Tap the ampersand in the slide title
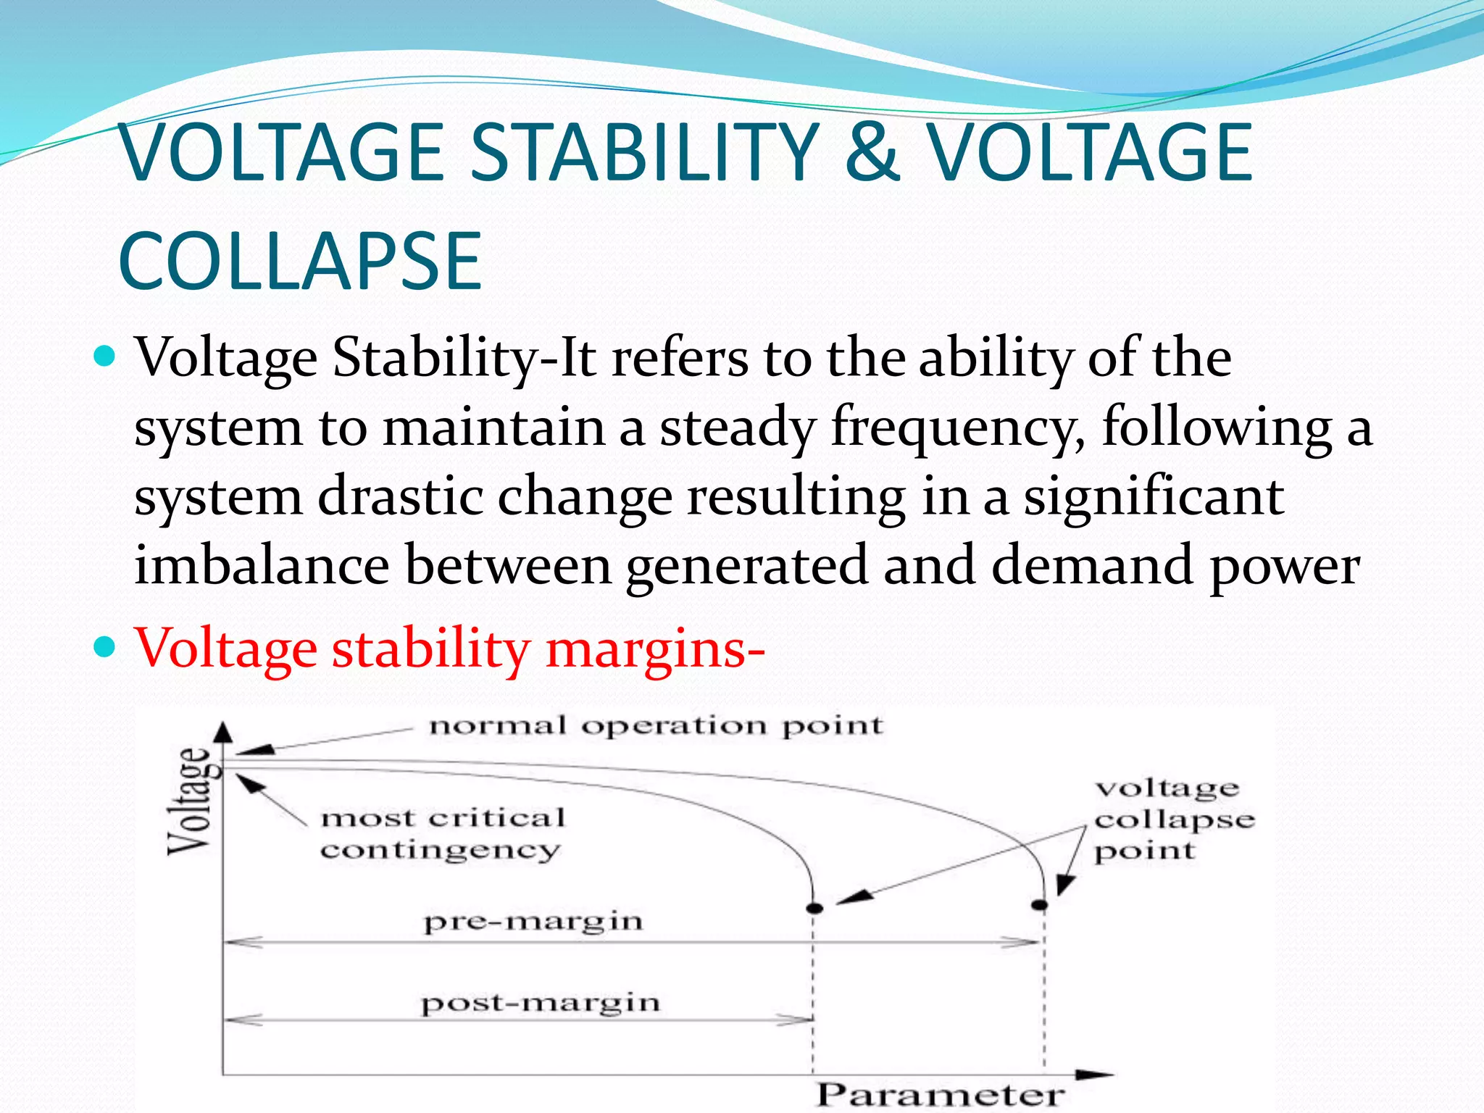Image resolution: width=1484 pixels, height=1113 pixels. (872, 152)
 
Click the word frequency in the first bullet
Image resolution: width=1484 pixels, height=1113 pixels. (956, 428)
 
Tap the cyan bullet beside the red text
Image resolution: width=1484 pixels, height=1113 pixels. (105, 645)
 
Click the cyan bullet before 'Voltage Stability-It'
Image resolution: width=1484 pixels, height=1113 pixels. (105, 357)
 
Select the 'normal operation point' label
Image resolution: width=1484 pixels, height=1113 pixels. (656, 726)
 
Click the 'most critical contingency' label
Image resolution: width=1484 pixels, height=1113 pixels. (442, 833)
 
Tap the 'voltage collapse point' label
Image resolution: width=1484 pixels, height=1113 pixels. (1174, 820)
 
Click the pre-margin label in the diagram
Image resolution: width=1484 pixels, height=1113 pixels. (533, 922)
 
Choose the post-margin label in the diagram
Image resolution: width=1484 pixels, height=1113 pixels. (541, 1004)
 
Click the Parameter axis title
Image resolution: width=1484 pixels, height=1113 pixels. (941, 1094)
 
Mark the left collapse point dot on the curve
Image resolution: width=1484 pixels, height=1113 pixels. (815, 908)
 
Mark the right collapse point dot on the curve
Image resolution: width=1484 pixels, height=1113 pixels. (1040, 905)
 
